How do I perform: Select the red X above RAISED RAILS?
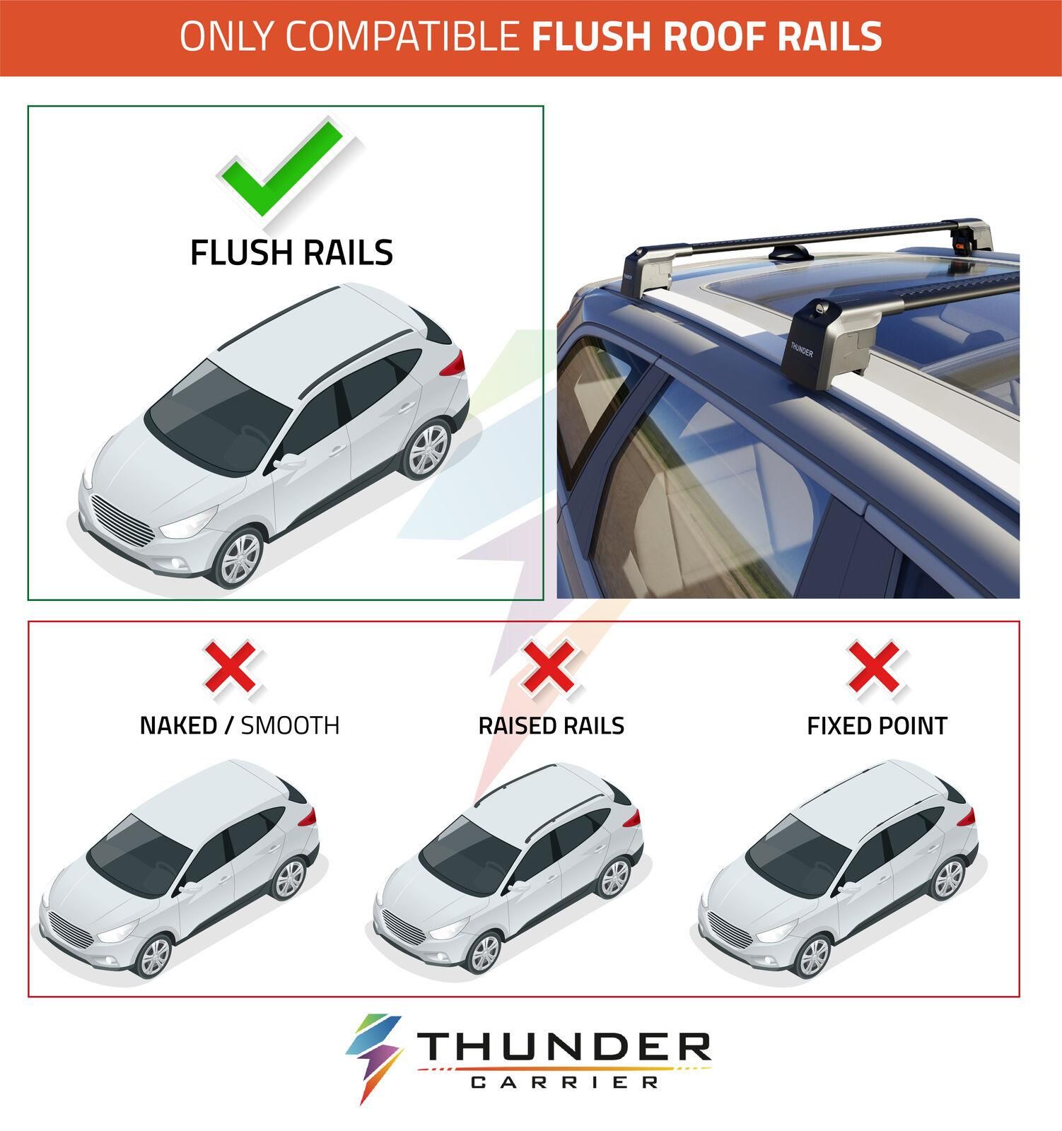point(548,667)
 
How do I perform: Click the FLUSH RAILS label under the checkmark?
point(291,252)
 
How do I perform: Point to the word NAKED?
point(178,725)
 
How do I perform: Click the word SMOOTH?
point(290,725)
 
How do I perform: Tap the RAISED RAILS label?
point(551,725)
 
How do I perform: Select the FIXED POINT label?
point(877,725)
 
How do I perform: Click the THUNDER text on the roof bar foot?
point(801,349)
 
